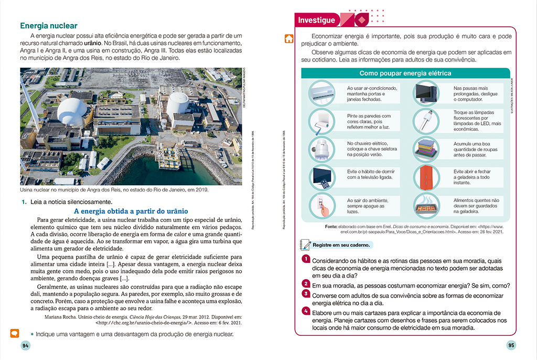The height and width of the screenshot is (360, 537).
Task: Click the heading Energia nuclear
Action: tap(48, 26)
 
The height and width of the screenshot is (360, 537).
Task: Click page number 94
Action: tap(25, 345)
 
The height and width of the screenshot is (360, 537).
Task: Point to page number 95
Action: tap(511, 345)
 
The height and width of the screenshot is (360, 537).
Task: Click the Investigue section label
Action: tap(316, 20)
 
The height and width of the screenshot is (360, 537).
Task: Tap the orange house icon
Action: tap(288, 38)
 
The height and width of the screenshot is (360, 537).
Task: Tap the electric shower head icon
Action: tap(321, 149)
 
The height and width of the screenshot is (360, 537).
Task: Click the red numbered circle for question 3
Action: tap(305, 294)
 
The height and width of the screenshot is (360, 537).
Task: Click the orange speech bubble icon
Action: tap(15, 333)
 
